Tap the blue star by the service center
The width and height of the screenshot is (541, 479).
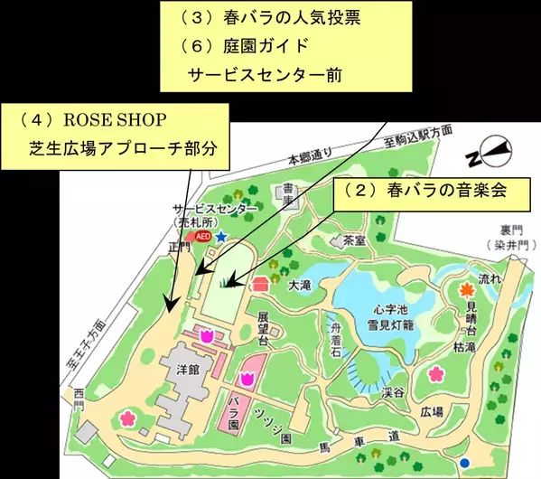[219, 236]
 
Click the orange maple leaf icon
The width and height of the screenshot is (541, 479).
[465, 290]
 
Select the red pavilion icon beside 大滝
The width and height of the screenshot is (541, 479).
[262, 283]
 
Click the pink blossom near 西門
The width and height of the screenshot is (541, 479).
[126, 418]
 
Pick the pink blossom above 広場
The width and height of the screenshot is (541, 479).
[436, 373]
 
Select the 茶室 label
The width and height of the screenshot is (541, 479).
[354, 242]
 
